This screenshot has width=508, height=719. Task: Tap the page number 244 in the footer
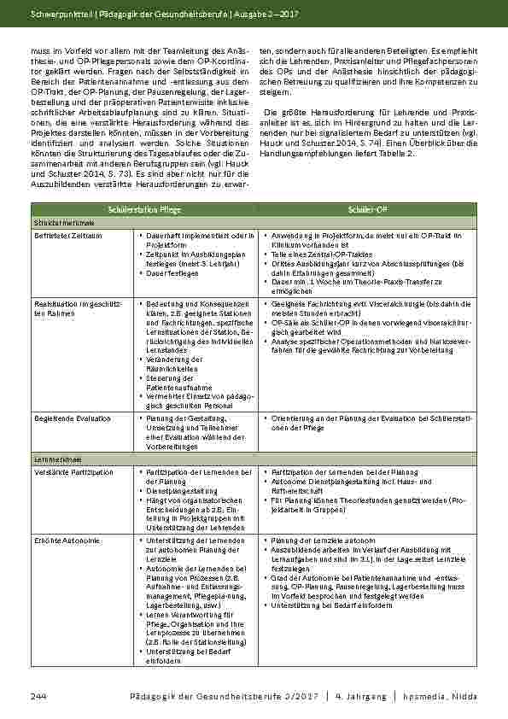pyautogui.click(x=38, y=698)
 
